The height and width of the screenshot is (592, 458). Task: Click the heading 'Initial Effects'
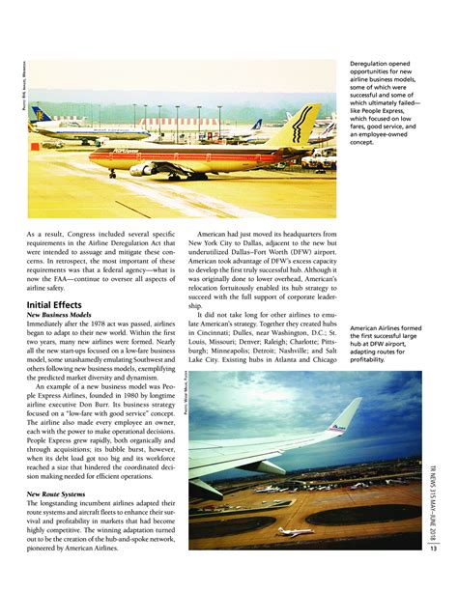coord(60,305)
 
